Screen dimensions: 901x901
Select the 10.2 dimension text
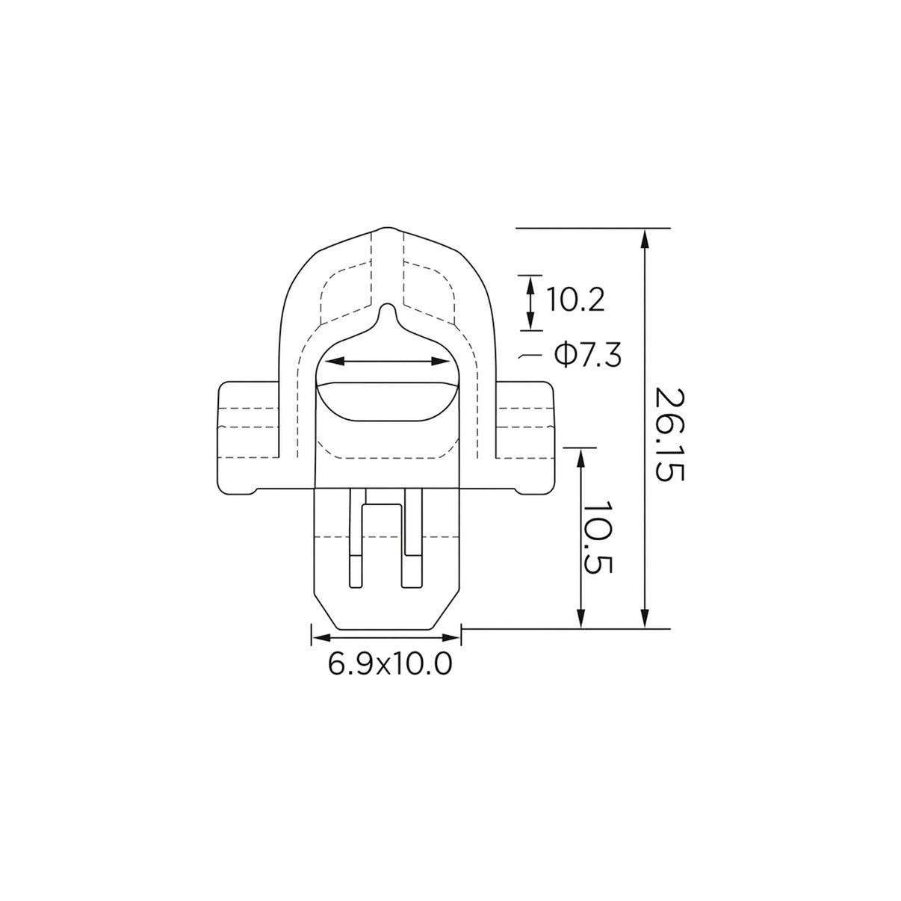(575, 300)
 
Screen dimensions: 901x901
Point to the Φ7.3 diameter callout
(588, 356)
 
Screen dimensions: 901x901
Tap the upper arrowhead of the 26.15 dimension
(645, 239)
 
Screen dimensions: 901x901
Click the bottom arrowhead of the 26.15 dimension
(645, 618)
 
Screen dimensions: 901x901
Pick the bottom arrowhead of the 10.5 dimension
(581, 618)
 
